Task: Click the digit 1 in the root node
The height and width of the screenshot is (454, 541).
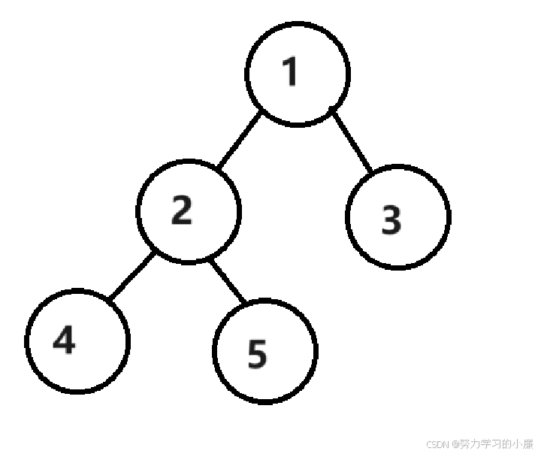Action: [x=290, y=72]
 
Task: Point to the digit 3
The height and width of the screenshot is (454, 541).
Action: [x=391, y=219]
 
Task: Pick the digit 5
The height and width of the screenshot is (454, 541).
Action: [x=257, y=355]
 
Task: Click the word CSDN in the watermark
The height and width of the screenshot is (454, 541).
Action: [x=437, y=444]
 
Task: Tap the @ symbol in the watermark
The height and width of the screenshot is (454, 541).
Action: [x=455, y=444]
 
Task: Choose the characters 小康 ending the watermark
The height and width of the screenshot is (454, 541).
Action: [x=521, y=444]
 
